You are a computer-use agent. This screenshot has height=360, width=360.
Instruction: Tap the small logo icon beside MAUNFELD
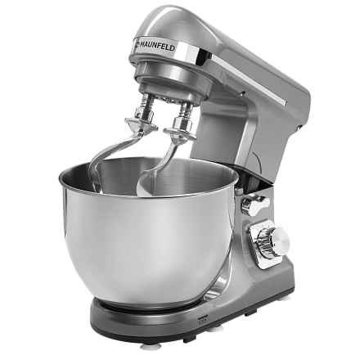click(x=136, y=43)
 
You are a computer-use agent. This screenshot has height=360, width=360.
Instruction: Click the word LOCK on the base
click(x=203, y=322)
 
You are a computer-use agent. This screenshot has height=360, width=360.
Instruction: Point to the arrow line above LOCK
click(x=202, y=317)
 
